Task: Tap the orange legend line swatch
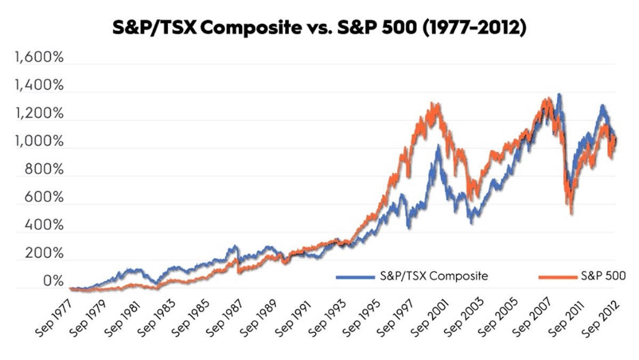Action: pos(557,276)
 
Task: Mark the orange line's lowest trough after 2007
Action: pos(571,212)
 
